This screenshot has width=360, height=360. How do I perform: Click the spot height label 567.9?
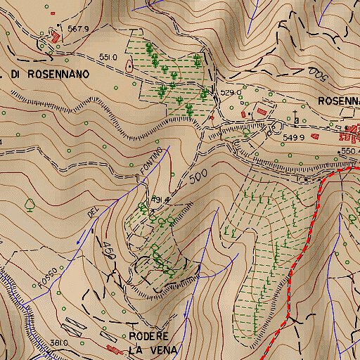point(78,29)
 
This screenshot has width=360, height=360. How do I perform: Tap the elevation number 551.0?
point(108,57)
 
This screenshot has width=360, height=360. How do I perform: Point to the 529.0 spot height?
point(231,92)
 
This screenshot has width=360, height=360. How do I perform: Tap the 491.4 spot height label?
point(161,200)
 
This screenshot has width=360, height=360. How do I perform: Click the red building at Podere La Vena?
point(112,347)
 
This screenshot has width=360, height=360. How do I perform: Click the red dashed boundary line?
point(308,239)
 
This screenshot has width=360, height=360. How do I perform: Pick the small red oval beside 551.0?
point(129,66)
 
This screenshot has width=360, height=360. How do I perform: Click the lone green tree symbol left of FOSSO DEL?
point(30,205)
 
